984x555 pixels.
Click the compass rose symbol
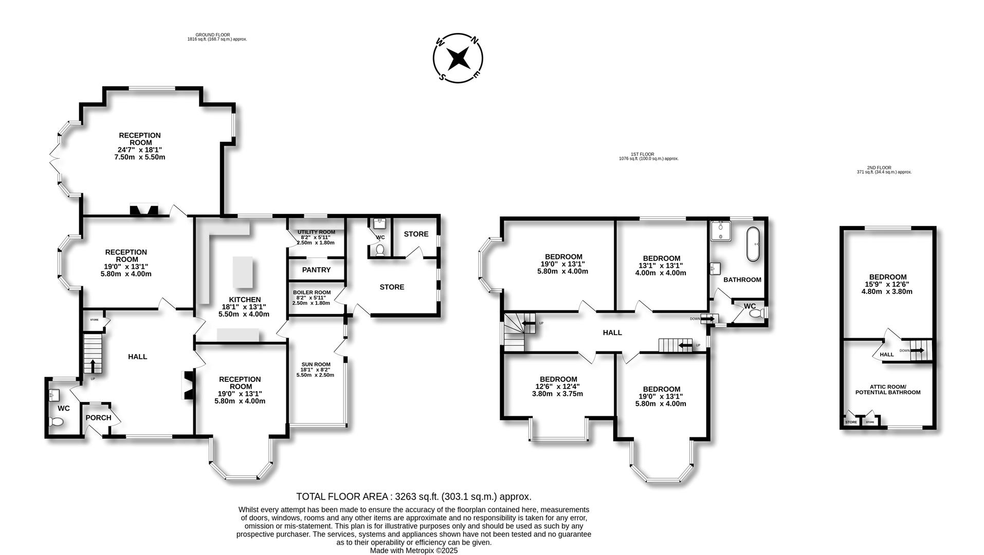[458, 58]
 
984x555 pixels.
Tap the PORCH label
[98, 418]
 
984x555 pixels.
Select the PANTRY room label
[316, 270]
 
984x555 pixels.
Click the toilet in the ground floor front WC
[57, 422]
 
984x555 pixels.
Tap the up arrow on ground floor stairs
[93, 365]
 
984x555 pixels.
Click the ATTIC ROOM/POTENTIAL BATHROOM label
[887, 390]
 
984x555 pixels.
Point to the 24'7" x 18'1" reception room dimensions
[139, 154]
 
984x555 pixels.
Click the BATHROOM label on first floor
[742, 280]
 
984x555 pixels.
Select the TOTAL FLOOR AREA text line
[413, 496]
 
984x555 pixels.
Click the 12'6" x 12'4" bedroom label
[557, 386]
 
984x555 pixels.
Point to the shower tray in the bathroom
[720, 231]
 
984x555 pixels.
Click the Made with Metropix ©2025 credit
[413, 550]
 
